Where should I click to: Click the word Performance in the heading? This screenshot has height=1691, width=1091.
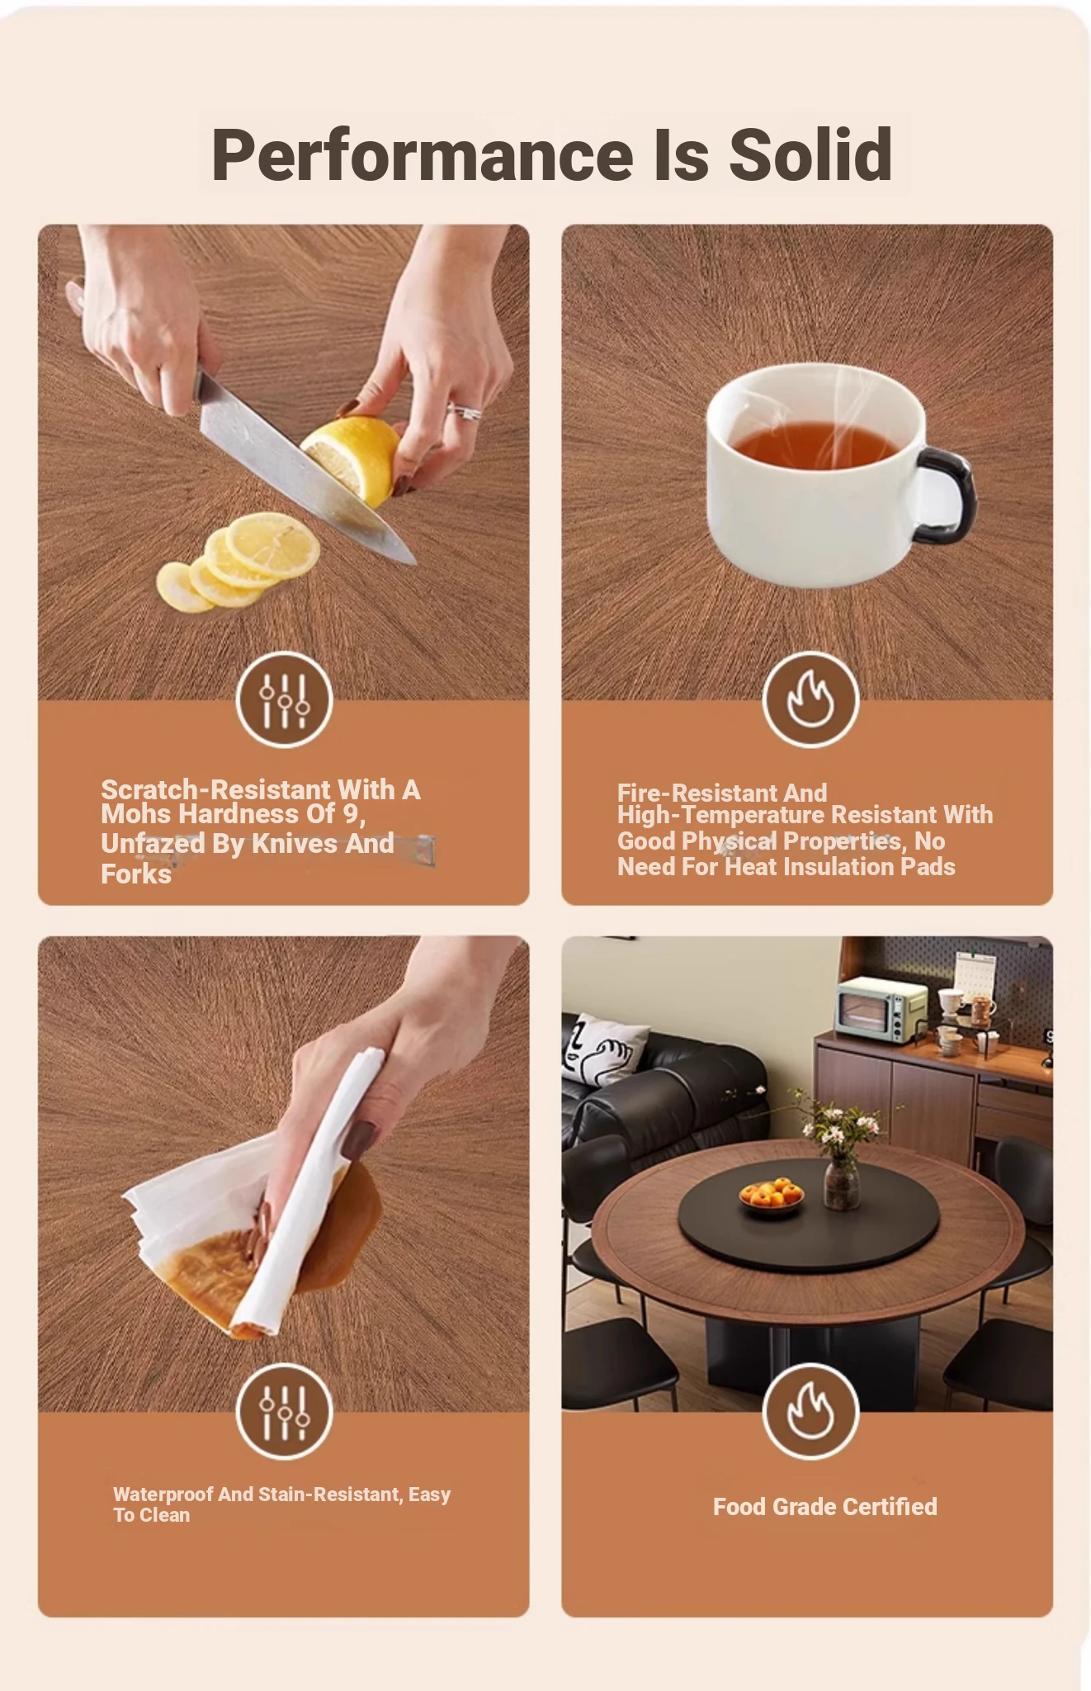[x=423, y=155]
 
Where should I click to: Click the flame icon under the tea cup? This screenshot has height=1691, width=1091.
[x=810, y=699]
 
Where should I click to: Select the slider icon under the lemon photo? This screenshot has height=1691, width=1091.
[x=284, y=699]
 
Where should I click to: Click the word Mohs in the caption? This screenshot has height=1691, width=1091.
[x=136, y=815]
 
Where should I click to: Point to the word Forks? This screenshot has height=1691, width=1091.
[x=136, y=874]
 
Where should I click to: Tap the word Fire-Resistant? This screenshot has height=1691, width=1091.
[x=722, y=793]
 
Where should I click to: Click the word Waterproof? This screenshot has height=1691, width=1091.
[x=163, y=1494]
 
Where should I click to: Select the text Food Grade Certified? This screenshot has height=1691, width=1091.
[x=825, y=1507]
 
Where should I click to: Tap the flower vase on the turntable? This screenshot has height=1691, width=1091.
[x=841, y=1183]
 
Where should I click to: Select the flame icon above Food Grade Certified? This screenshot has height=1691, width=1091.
[x=810, y=1411]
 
